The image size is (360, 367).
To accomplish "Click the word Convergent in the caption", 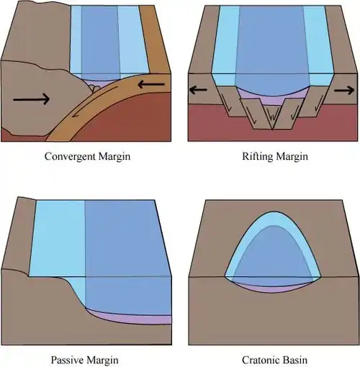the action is [x=70, y=157].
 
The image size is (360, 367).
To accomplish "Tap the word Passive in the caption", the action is [x=67, y=360].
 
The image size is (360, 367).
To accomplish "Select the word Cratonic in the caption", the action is [x=259, y=360].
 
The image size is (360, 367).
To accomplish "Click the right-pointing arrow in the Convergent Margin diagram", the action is [x=32, y=99].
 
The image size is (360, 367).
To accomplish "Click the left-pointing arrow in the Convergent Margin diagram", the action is [x=151, y=84].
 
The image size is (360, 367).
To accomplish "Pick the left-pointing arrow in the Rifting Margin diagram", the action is [x=198, y=90].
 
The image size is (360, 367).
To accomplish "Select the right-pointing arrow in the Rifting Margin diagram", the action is [x=344, y=90].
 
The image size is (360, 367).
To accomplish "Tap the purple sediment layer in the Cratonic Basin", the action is [x=271, y=289].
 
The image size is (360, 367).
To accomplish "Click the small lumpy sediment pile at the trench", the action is [x=95, y=88].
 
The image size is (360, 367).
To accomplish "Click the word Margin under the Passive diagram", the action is [x=102, y=360].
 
